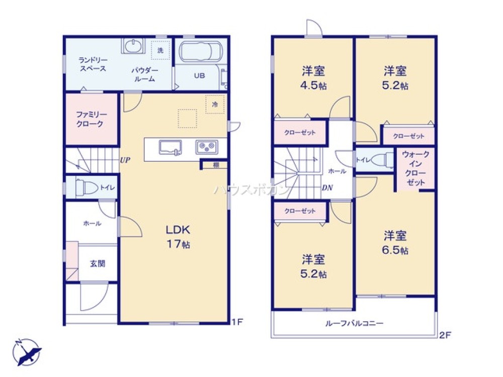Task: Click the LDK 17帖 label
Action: [178, 237]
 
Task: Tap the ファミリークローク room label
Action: [90, 119]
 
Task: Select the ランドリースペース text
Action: [93, 64]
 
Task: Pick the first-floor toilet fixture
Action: [86, 188]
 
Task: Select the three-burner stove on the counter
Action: [207, 147]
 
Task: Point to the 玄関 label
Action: [98, 263]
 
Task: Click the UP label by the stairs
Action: [125, 160]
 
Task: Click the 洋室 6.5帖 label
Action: [396, 242]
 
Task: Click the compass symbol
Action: [27, 351]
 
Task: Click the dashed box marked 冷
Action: [215, 104]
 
